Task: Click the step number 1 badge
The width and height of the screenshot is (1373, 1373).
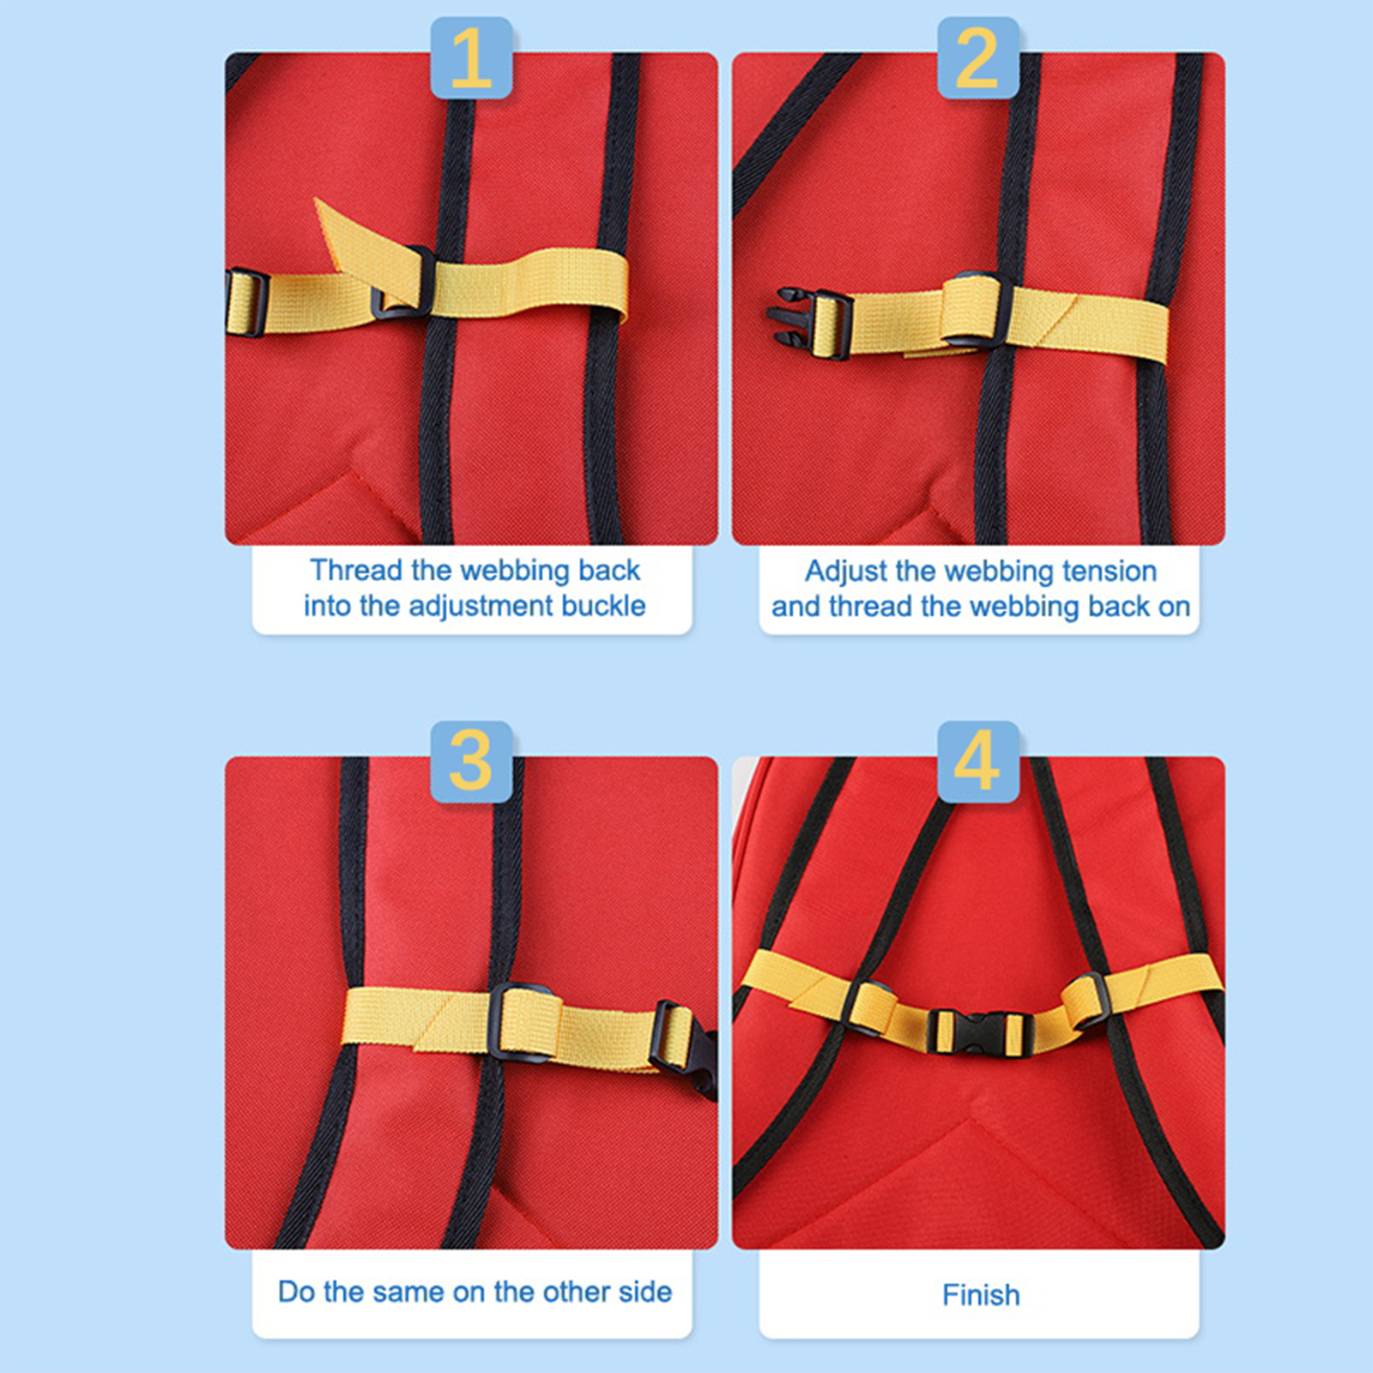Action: click(x=471, y=57)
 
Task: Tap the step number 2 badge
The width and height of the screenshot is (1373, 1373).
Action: click(x=977, y=57)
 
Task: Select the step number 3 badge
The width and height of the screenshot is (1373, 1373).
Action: click(x=471, y=761)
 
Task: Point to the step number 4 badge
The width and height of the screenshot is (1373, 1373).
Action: click(x=977, y=761)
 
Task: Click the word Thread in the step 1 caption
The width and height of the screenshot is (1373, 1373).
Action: click(x=356, y=571)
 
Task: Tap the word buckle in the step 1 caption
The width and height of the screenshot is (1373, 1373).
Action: click(x=602, y=606)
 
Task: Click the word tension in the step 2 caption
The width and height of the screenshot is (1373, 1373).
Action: click(x=1110, y=571)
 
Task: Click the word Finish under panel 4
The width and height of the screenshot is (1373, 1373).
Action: click(x=981, y=1295)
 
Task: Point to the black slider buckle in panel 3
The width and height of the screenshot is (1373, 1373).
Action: click(x=524, y=1021)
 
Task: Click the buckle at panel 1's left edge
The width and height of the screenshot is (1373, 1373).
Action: click(x=246, y=302)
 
